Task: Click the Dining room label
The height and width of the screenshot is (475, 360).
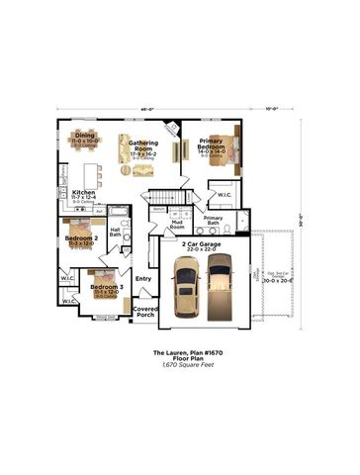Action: pos(85,136)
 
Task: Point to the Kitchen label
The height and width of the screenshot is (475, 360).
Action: pos(83,193)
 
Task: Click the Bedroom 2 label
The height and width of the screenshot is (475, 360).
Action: pos(81,238)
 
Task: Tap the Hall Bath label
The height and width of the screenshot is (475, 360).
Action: pos(116,233)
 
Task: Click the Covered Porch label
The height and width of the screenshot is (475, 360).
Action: pos(145,313)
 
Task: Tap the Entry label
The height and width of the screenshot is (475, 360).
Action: pos(143,278)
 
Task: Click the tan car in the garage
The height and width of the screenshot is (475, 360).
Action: pos(186,290)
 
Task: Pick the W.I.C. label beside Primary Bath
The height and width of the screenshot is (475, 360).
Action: pos(225,195)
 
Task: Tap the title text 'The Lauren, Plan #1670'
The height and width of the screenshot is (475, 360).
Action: pos(180,352)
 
